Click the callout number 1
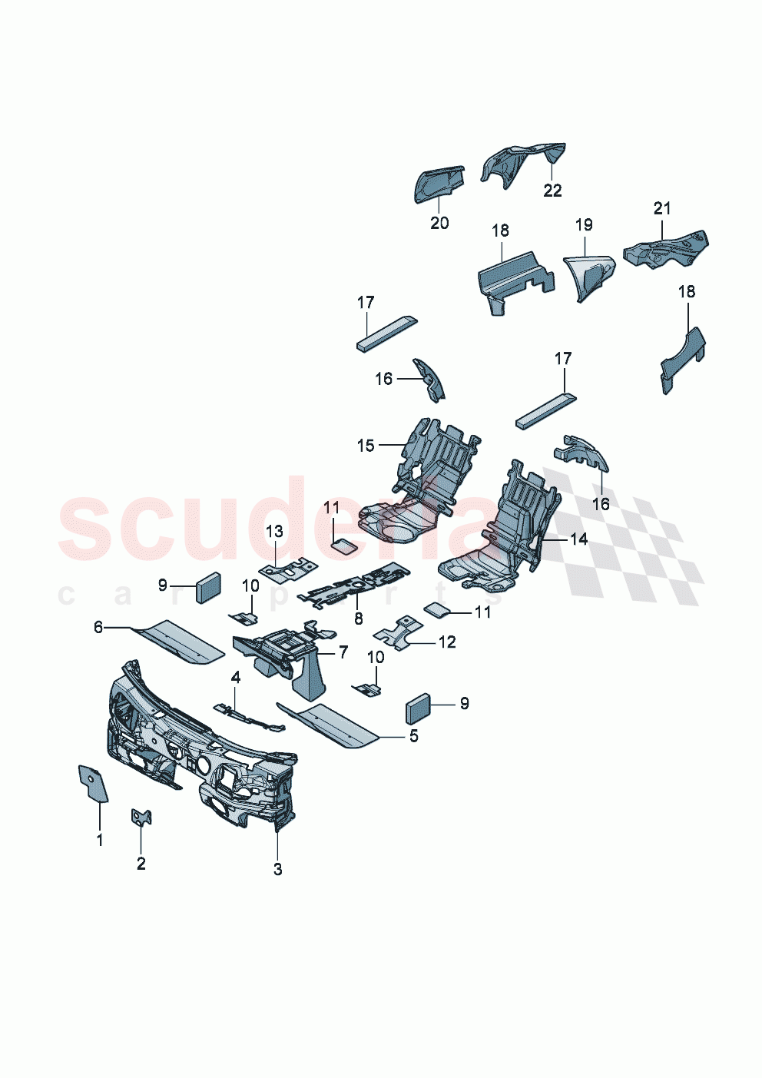point(99,841)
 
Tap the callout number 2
point(141,864)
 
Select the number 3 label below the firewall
point(277,869)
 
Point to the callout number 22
point(552,191)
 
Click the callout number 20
point(439,223)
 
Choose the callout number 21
point(662,208)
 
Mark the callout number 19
point(584,224)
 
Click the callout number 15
point(366,446)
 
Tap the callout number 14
point(578,539)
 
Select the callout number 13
point(274,531)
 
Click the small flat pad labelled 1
point(92,782)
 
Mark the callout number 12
point(446,642)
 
